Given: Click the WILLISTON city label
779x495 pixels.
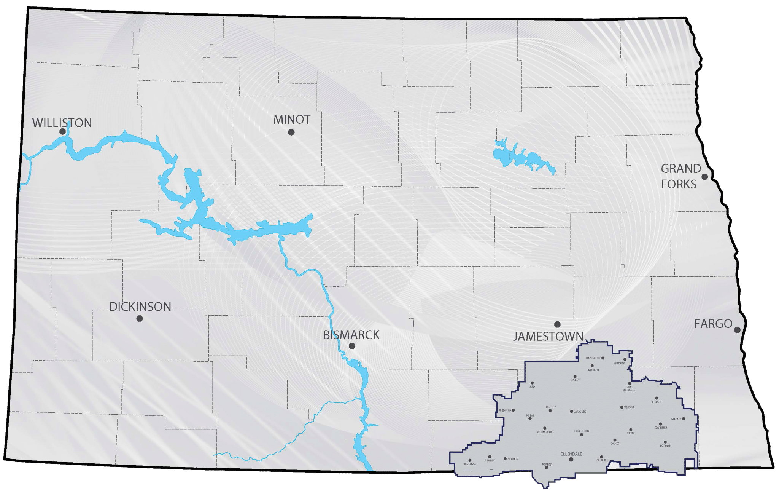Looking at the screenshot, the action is click(x=62, y=123).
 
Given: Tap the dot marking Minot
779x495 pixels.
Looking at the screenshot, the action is click(x=291, y=132).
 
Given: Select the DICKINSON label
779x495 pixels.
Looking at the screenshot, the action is click(x=140, y=307).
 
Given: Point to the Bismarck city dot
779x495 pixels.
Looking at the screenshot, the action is click(x=352, y=346).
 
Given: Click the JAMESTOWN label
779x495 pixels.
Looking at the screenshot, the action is click(x=548, y=336).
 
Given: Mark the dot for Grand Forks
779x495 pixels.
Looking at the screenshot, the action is click(x=704, y=177).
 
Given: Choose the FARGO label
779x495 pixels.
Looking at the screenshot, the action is click(x=713, y=324).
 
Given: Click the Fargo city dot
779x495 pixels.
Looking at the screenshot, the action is click(x=737, y=330).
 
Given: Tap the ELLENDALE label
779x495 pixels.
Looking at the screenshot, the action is click(x=571, y=454).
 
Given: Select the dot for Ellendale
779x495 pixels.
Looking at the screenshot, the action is click(x=571, y=460).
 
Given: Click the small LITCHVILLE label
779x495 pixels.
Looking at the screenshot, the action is click(x=593, y=358).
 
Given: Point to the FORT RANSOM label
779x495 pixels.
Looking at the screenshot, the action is click(x=629, y=389).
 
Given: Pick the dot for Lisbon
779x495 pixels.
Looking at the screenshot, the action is click(x=657, y=398).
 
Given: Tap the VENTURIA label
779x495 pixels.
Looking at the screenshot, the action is click(x=470, y=465).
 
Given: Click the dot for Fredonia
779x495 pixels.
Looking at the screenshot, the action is click(x=514, y=410).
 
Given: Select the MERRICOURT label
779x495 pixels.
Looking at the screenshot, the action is click(x=544, y=432).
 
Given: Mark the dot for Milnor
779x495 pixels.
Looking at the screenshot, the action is click(x=684, y=419).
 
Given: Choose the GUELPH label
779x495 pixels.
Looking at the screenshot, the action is click(x=602, y=460).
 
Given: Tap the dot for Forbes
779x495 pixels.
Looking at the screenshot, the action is click(x=547, y=468).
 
